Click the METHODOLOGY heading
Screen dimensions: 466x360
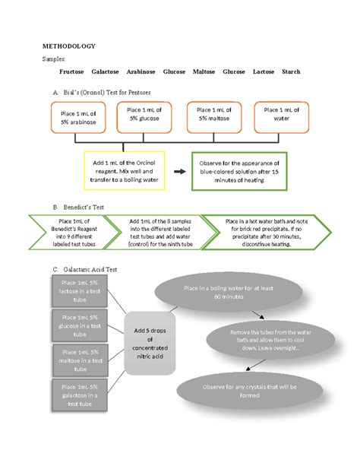(68, 46)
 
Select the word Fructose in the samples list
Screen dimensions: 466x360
(72, 71)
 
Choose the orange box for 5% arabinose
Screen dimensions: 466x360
(74, 119)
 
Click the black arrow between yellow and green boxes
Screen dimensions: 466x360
(179, 172)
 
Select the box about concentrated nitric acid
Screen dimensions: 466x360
(155, 342)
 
